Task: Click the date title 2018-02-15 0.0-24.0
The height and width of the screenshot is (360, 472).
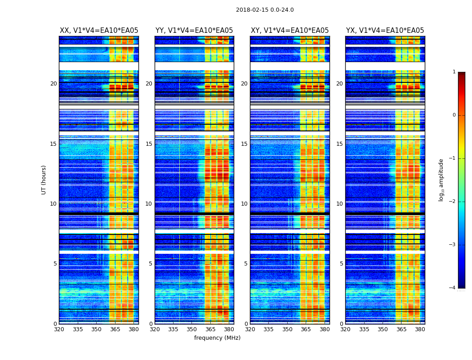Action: pyautogui.click(x=265, y=10)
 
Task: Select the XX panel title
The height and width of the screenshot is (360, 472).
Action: pyautogui.click(x=99, y=31)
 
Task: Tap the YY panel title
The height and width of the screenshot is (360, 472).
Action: pyautogui.click(x=194, y=31)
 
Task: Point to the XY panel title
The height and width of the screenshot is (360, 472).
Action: pyautogui.click(x=289, y=31)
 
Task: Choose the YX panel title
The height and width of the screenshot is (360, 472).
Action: pyautogui.click(x=385, y=31)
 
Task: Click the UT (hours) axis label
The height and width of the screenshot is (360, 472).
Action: pyautogui.click(x=44, y=180)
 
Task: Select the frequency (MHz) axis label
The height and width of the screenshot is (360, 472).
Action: pyautogui.click(x=217, y=338)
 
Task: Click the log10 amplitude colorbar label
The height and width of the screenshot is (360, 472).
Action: pyautogui.click(x=441, y=180)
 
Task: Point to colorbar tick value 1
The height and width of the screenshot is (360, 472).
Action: pyautogui.click(x=454, y=72)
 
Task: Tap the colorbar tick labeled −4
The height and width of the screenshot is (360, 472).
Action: pyautogui.click(x=453, y=288)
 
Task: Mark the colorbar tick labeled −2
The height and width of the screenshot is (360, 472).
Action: pyautogui.click(x=453, y=202)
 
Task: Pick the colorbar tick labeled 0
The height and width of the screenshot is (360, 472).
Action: pyautogui.click(x=454, y=115)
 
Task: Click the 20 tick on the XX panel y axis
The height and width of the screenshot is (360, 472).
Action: pyautogui.click(x=53, y=84)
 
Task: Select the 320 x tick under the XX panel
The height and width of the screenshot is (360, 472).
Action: pyautogui.click(x=59, y=329)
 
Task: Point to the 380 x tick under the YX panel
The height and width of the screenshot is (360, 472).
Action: pyautogui.click(x=420, y=329)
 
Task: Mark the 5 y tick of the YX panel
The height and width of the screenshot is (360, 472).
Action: pyautogui.click(x=341, y=264)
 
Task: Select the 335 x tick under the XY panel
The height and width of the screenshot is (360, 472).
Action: pyautogui.click(x=269, y=329)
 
